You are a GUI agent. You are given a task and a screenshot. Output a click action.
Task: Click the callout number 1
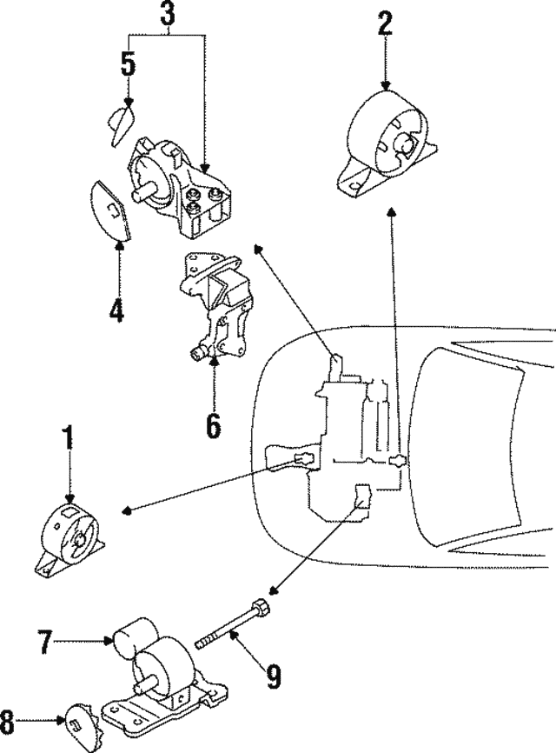click(x=67, y=439)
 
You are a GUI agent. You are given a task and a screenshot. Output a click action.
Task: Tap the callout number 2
click(x=385, y=23)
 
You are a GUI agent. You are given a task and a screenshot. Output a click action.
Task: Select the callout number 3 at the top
click(x=167, y=13)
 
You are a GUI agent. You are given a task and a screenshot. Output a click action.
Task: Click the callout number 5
click(x=128, y=65)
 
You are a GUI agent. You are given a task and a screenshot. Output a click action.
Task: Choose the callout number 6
click(x=212, y=425)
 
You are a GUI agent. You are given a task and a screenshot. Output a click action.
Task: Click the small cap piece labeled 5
click(x=122, y=116)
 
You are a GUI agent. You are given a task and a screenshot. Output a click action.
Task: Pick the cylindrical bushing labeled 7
click(x=136, y=638)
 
